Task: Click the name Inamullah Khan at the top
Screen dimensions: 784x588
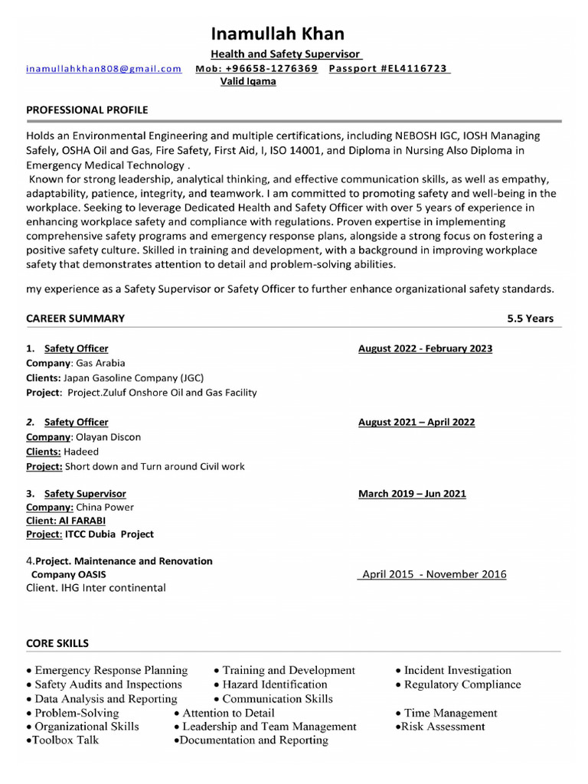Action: coord(278,34)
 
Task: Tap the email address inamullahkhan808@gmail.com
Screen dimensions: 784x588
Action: coord(104,68)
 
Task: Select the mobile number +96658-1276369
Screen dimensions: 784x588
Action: coord(256,68)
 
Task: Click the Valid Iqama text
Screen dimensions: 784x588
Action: coord(248,81)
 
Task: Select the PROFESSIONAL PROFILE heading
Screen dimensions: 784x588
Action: coord(87,110)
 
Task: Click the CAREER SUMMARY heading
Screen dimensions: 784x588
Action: coord(75,318)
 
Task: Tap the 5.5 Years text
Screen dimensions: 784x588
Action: coord(530,318)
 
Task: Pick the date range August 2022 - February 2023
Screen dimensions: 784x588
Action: coord(425,348)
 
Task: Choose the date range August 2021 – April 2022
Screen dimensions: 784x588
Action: coord(416,422)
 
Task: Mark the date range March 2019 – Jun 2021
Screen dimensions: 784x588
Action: coord(412,494)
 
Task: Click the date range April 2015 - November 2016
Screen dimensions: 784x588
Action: coord(434,574)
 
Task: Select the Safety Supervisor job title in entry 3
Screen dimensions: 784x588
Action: coord(85,494)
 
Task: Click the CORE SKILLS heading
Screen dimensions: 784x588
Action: coord(57,643)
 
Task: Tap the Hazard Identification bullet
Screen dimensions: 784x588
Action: coord(274,684)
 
